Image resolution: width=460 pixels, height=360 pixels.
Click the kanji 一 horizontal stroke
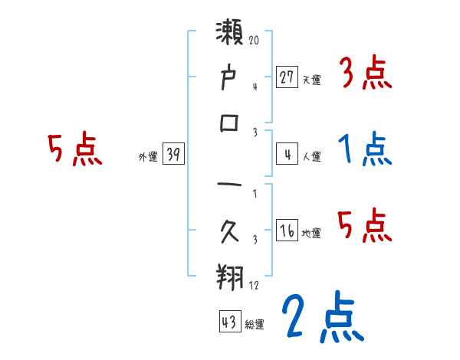point(231,187)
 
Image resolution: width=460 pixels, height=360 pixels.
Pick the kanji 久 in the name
point(231,230)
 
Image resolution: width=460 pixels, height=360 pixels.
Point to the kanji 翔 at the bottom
point(231,274)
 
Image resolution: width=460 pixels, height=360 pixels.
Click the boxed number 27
point(286,77)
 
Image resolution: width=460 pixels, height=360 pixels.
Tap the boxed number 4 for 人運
point(286,155)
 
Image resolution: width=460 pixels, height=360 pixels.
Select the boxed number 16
point(286,231)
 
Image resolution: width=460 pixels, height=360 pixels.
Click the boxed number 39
point(173,155)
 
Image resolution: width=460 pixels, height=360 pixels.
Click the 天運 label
point(311,80)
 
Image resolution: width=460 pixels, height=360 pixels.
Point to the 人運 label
point(311,157)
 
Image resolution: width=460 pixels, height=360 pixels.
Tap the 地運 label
point(311,233)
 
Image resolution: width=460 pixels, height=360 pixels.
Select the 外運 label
point(148,157)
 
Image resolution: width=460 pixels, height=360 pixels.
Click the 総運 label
point(255,323)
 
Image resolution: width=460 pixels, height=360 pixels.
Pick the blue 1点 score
point(365,149)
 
